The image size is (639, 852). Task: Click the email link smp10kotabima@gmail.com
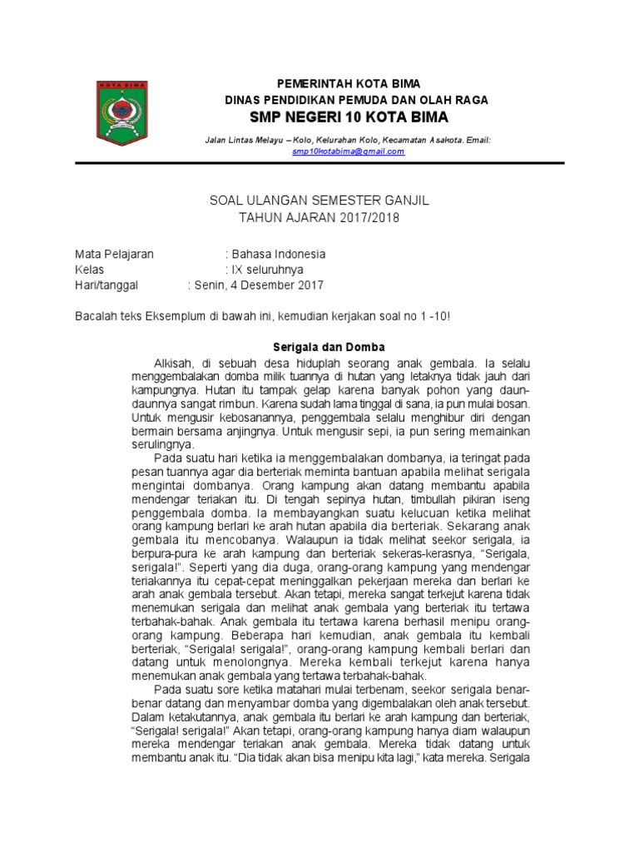pyautogui.click(x=348, y=151)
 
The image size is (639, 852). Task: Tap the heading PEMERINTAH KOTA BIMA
pyautogui.click(x=348, y=84)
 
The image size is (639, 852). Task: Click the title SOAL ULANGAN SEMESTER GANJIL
pyautogui.click(x=319, y=201)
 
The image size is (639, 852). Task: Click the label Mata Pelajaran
pyautogui.click(x=114, y=254)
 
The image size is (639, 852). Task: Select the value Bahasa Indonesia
pyautogui.click(x=279, y=254)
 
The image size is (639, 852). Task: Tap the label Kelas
pyautogui.click(x=89, y=270)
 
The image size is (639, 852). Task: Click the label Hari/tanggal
pyautogui.click(x=106, y=285)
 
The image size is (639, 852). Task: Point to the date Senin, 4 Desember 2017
pyautogui.click(x=258, y=285)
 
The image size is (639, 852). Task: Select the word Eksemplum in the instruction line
pyautogui.click(x=175, y=318)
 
